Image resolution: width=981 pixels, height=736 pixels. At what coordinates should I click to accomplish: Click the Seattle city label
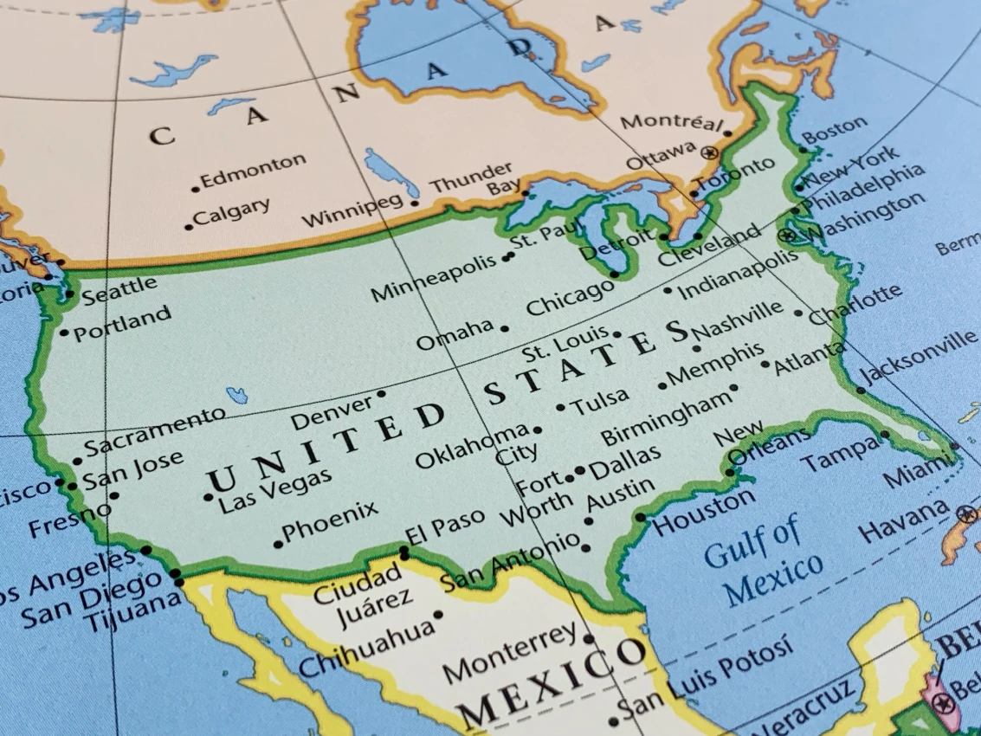(120, 288)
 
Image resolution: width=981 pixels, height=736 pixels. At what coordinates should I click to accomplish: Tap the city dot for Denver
(380, 394)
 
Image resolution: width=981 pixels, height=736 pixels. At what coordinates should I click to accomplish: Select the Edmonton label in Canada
(253, 171)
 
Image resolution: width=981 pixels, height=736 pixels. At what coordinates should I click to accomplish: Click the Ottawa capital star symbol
(711, 152)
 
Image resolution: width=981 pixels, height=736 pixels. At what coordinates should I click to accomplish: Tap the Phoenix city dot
(278, 544)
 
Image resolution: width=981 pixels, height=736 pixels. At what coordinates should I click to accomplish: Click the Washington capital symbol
(787, 235)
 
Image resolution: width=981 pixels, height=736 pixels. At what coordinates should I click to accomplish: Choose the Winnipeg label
(352, 210)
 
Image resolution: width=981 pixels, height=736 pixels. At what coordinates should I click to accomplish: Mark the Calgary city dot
(189, 227)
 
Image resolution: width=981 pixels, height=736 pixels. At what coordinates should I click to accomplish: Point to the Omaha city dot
(505, 328)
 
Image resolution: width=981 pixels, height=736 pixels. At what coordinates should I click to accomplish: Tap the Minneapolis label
(435, 276)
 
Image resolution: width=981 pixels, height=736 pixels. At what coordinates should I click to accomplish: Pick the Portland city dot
(64, 332)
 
